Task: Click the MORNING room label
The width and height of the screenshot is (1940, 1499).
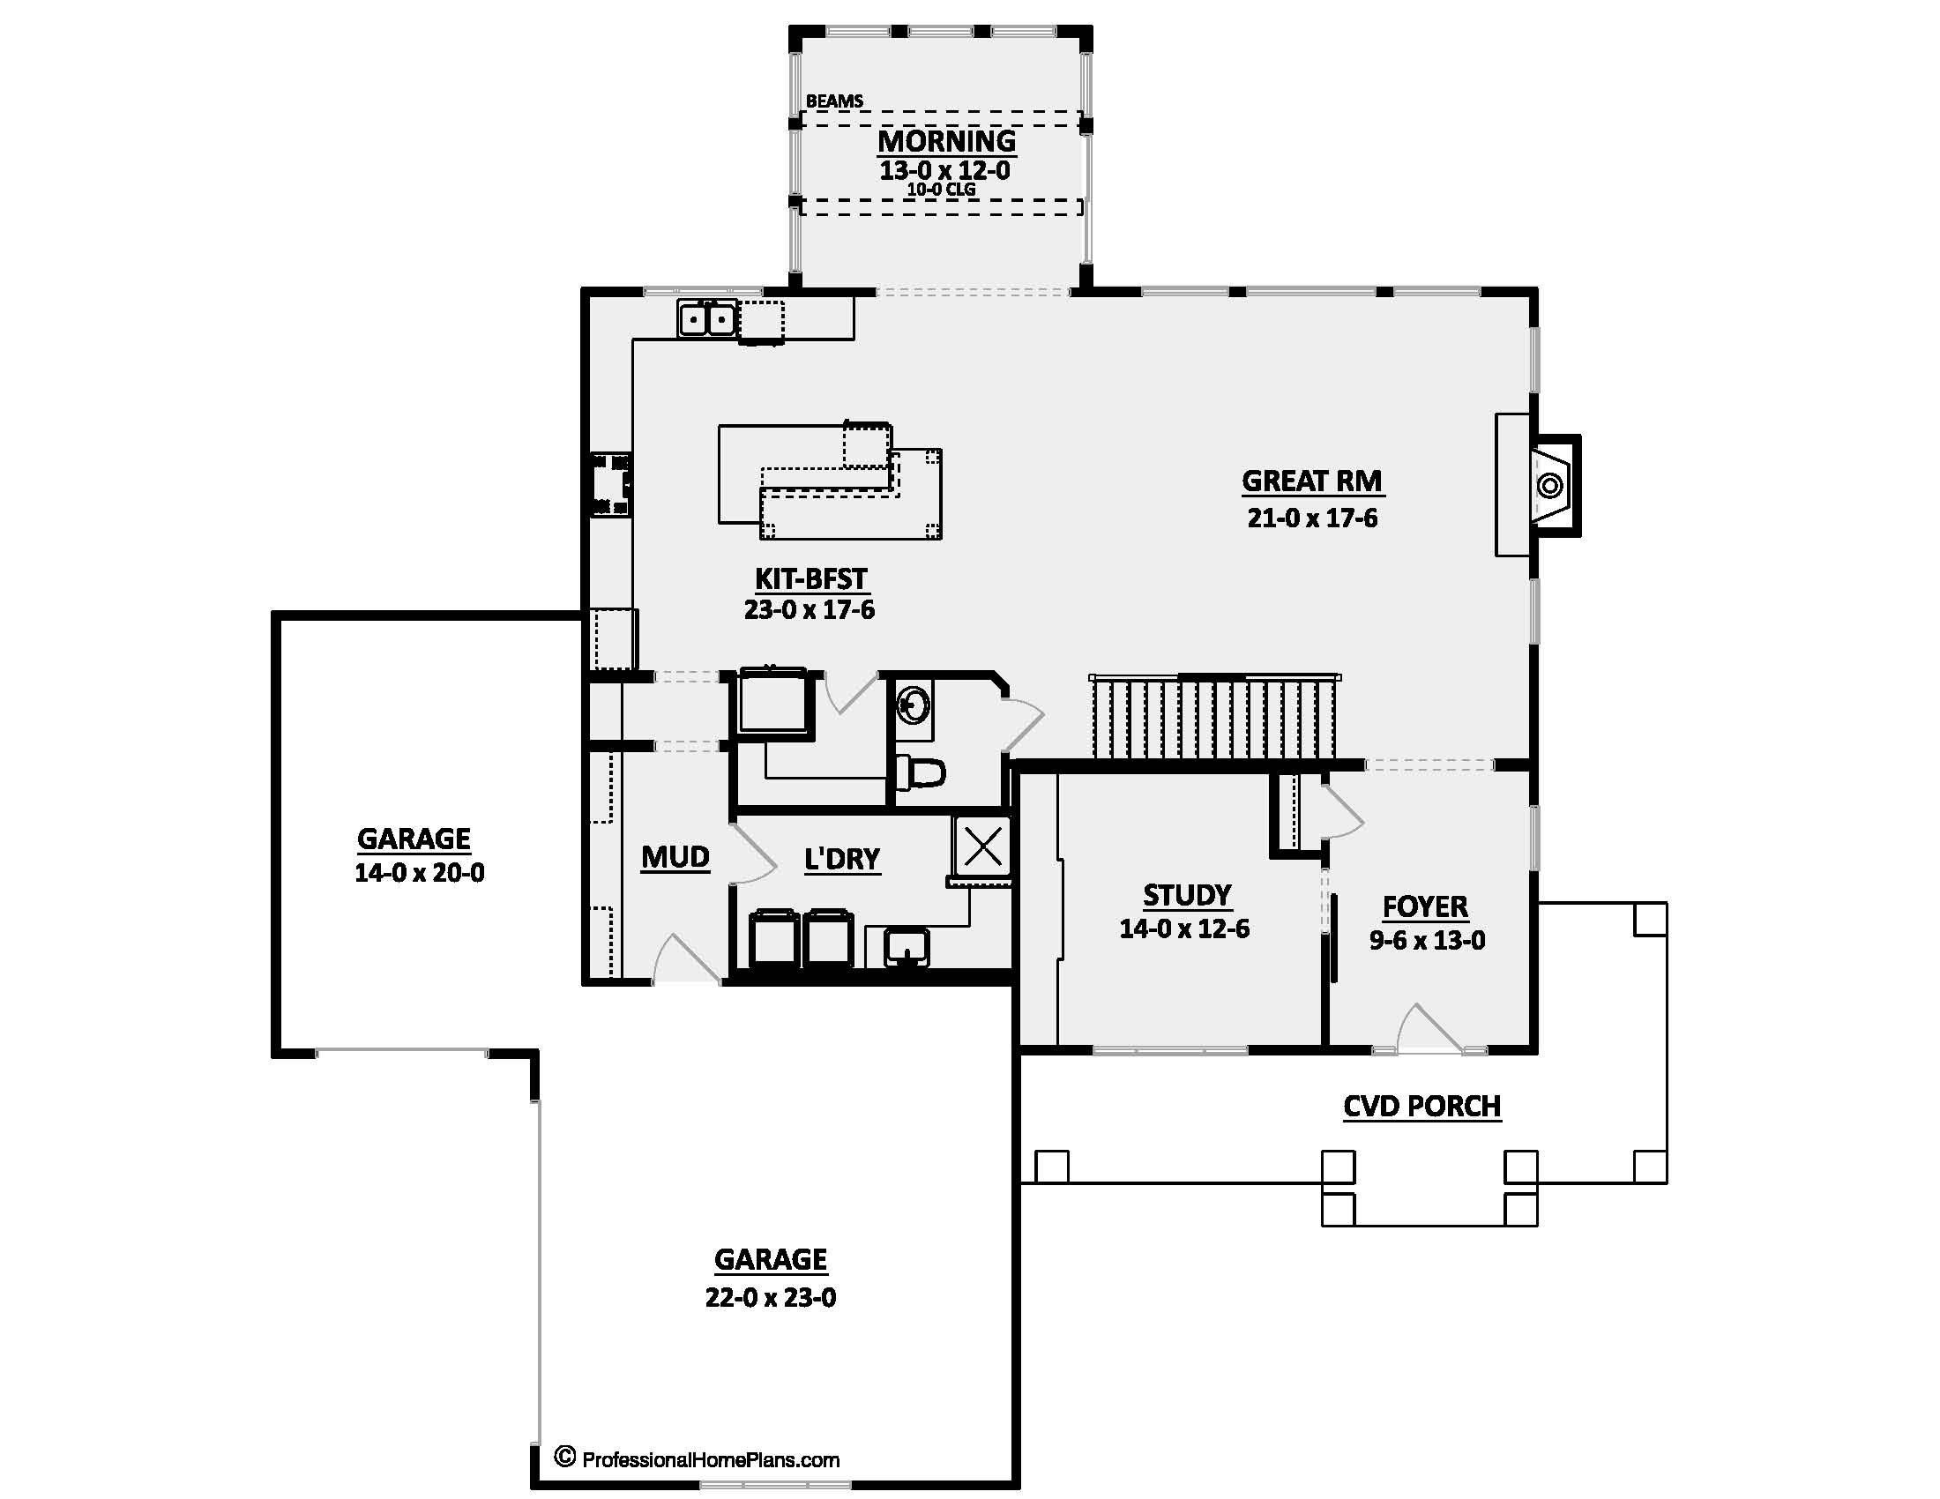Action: (947, 141)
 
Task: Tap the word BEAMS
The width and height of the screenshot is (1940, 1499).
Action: (834, 101)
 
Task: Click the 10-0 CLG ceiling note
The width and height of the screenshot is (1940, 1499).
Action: (942, 190)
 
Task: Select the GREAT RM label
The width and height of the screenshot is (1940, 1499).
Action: (1311, 481)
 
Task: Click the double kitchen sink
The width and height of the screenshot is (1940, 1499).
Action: (707, 318)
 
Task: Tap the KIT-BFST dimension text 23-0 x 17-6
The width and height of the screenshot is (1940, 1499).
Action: (810, 609)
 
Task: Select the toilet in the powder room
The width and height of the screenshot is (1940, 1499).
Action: (921, 772)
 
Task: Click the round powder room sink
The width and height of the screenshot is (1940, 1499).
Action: (913, 708)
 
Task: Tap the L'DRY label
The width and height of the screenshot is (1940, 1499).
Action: (841, 860)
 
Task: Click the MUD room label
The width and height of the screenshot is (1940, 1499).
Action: (675, 857)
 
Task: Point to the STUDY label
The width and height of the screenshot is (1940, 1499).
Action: (1187, 895)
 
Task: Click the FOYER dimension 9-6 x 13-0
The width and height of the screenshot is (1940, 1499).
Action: (1427, 941)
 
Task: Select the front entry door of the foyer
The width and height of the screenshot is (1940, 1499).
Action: (1430, 1030)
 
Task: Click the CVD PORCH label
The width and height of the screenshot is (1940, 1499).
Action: (1421, 1107)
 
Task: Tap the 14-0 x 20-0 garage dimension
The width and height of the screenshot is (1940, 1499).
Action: (419, 873)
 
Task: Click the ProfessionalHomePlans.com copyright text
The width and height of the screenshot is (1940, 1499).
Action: (698, 1458)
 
